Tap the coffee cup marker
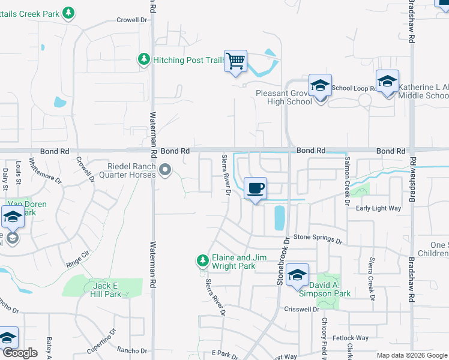coord(255,188)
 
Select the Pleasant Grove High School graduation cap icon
coord(320,87)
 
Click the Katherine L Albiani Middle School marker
coord(387,82)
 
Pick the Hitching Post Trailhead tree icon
coord(143,59)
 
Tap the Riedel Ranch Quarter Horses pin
coord(166,173)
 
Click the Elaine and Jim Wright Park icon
coord(203,260)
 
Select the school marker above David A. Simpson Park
coord(297,275)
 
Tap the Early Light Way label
coord(378,208)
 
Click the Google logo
coord(20,353)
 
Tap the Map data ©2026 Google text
coord(411,355)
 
